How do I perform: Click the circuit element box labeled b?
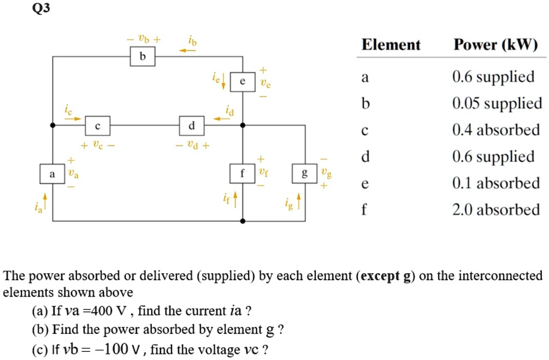click(x=143, y=57)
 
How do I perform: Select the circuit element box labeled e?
click(x=243, y=82)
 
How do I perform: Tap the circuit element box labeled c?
click(x=97, y=126)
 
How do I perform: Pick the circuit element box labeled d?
click(x=191, y=126)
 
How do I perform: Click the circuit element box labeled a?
click(x=52, y=174)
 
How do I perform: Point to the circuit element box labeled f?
click(x=243, y=174)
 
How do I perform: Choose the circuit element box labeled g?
click(x=305, y=174)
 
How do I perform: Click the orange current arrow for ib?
click(x=188, y=51)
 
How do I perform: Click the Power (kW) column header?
click(x=496, y=45)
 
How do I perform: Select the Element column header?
click(x=391, y=45)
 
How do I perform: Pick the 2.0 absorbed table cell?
click(x=496, y=210)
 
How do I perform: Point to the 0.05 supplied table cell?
click(x=497, y=103)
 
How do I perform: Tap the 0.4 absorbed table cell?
click(x=496, y=130)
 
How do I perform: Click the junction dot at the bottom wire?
click(x=243, y=221)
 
